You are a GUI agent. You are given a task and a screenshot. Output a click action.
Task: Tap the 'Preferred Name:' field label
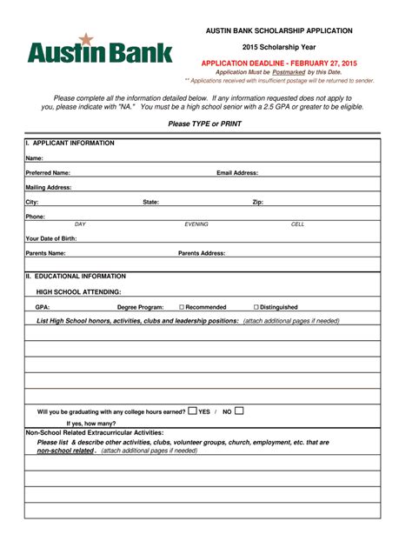pos(48,173)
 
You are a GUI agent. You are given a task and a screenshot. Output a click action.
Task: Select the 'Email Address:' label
pos(237,173)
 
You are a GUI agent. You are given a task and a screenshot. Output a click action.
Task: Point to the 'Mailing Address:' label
pos(49,187)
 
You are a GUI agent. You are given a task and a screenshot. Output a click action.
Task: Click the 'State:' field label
pos(150,202)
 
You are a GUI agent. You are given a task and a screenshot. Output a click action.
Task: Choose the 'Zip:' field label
pos(258,202)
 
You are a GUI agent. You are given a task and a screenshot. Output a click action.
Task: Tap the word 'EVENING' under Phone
pos(196,224)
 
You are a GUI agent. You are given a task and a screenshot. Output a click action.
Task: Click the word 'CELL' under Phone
pos(298,224)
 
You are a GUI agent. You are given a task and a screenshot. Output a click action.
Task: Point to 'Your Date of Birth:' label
pos(51,238)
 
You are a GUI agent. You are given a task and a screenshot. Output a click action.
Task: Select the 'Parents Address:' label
pos(202,253)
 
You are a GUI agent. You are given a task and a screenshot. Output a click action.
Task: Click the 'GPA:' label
pos(43,307)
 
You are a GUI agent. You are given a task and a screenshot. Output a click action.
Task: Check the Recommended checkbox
pos(182,307)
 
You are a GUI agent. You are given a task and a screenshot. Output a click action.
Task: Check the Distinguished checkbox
pos(256,307)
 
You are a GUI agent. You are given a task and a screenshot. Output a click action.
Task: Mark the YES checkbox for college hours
pos(192,411)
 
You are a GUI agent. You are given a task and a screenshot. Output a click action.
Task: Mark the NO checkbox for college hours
pos(239,411)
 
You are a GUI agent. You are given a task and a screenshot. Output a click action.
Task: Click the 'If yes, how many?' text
pos(91,424)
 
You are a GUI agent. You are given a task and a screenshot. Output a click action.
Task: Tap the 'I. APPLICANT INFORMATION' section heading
pos(70,143)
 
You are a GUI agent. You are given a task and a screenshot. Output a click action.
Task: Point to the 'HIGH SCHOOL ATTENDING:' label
pos(78,292)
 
